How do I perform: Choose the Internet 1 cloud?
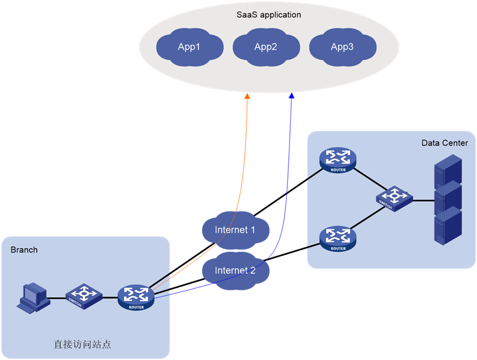coord(235,229)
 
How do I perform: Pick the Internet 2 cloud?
coord(235,270)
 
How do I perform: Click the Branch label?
coord(24,250)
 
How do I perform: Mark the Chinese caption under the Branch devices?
coord(82,345)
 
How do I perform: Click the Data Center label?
coord(444,143)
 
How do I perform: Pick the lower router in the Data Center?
coord(338,238)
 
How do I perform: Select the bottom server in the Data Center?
coord(447,226)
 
